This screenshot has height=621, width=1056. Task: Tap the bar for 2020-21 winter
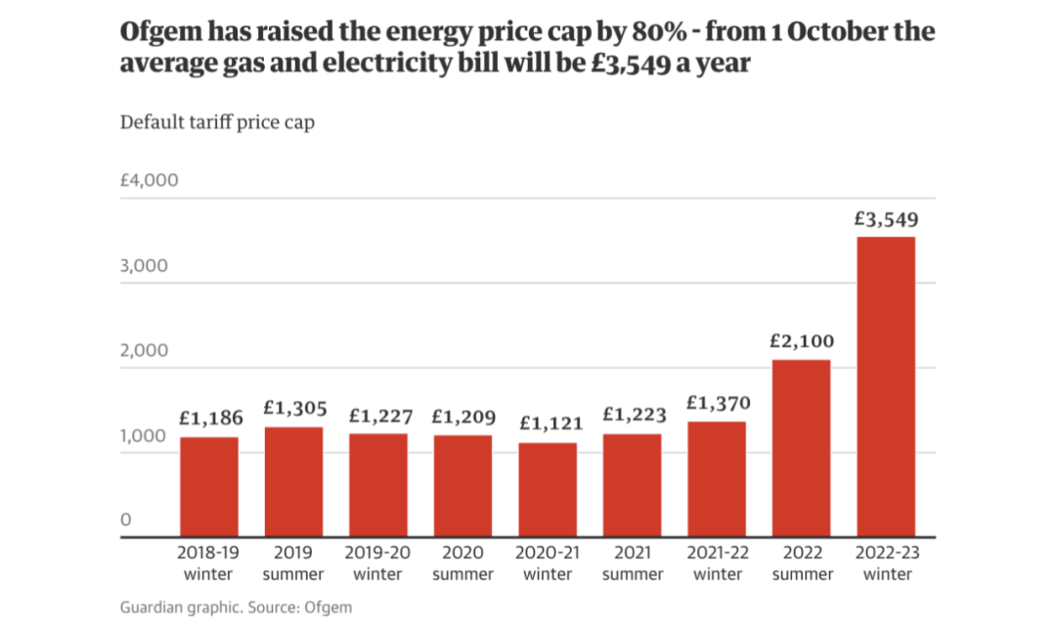(x=548, y=489)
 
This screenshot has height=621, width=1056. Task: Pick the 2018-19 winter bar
(x=208, y=486)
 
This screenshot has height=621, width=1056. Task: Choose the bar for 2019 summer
(x=293, y=481)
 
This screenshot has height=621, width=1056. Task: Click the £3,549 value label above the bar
(x=886, y=220)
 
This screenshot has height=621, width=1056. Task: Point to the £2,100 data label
(x=801, y=342)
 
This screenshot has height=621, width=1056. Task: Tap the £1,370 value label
(x=717, y=403)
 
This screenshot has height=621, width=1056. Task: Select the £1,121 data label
(x=548, y=423)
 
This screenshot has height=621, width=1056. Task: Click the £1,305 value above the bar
(x=293, y=409)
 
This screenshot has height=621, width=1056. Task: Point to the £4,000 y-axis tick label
(x=149, y=181)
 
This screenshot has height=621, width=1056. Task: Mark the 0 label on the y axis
(x=125, y=520)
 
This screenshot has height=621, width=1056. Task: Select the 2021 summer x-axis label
(x=632, y=563)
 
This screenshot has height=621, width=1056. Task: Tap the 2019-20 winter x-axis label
(x=378, y=563)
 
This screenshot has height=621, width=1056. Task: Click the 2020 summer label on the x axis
(x=462, y=563)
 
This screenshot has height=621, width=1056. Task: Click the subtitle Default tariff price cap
(x=217, y=123)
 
